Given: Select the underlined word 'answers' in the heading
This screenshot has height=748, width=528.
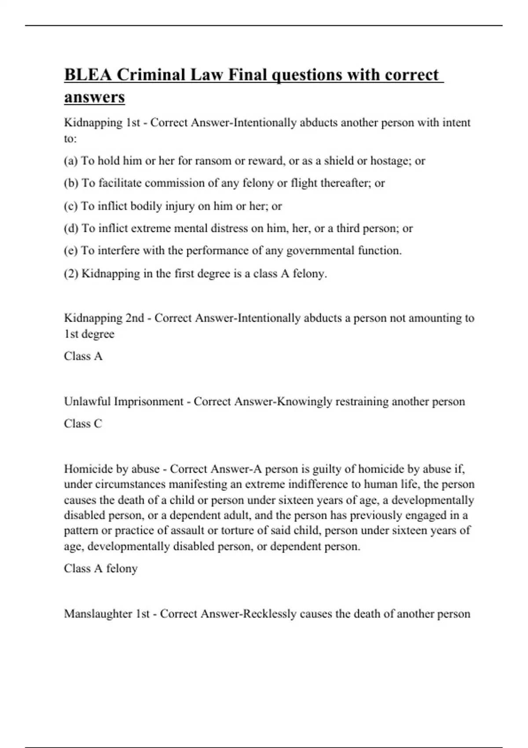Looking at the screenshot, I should pos(95,97).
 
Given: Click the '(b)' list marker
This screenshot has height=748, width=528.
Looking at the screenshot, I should pos(71,183).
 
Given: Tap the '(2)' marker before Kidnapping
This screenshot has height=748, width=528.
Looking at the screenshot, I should pos(71,274).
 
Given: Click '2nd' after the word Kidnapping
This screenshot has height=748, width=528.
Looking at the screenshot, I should pos(135,318).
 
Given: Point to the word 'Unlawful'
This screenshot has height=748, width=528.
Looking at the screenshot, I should pos(87,401).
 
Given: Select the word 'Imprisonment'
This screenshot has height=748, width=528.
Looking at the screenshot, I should pos(148,401).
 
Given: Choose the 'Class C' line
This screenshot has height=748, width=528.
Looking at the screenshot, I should pos(83,424).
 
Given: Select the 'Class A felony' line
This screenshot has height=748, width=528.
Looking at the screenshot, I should pos(101,568).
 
